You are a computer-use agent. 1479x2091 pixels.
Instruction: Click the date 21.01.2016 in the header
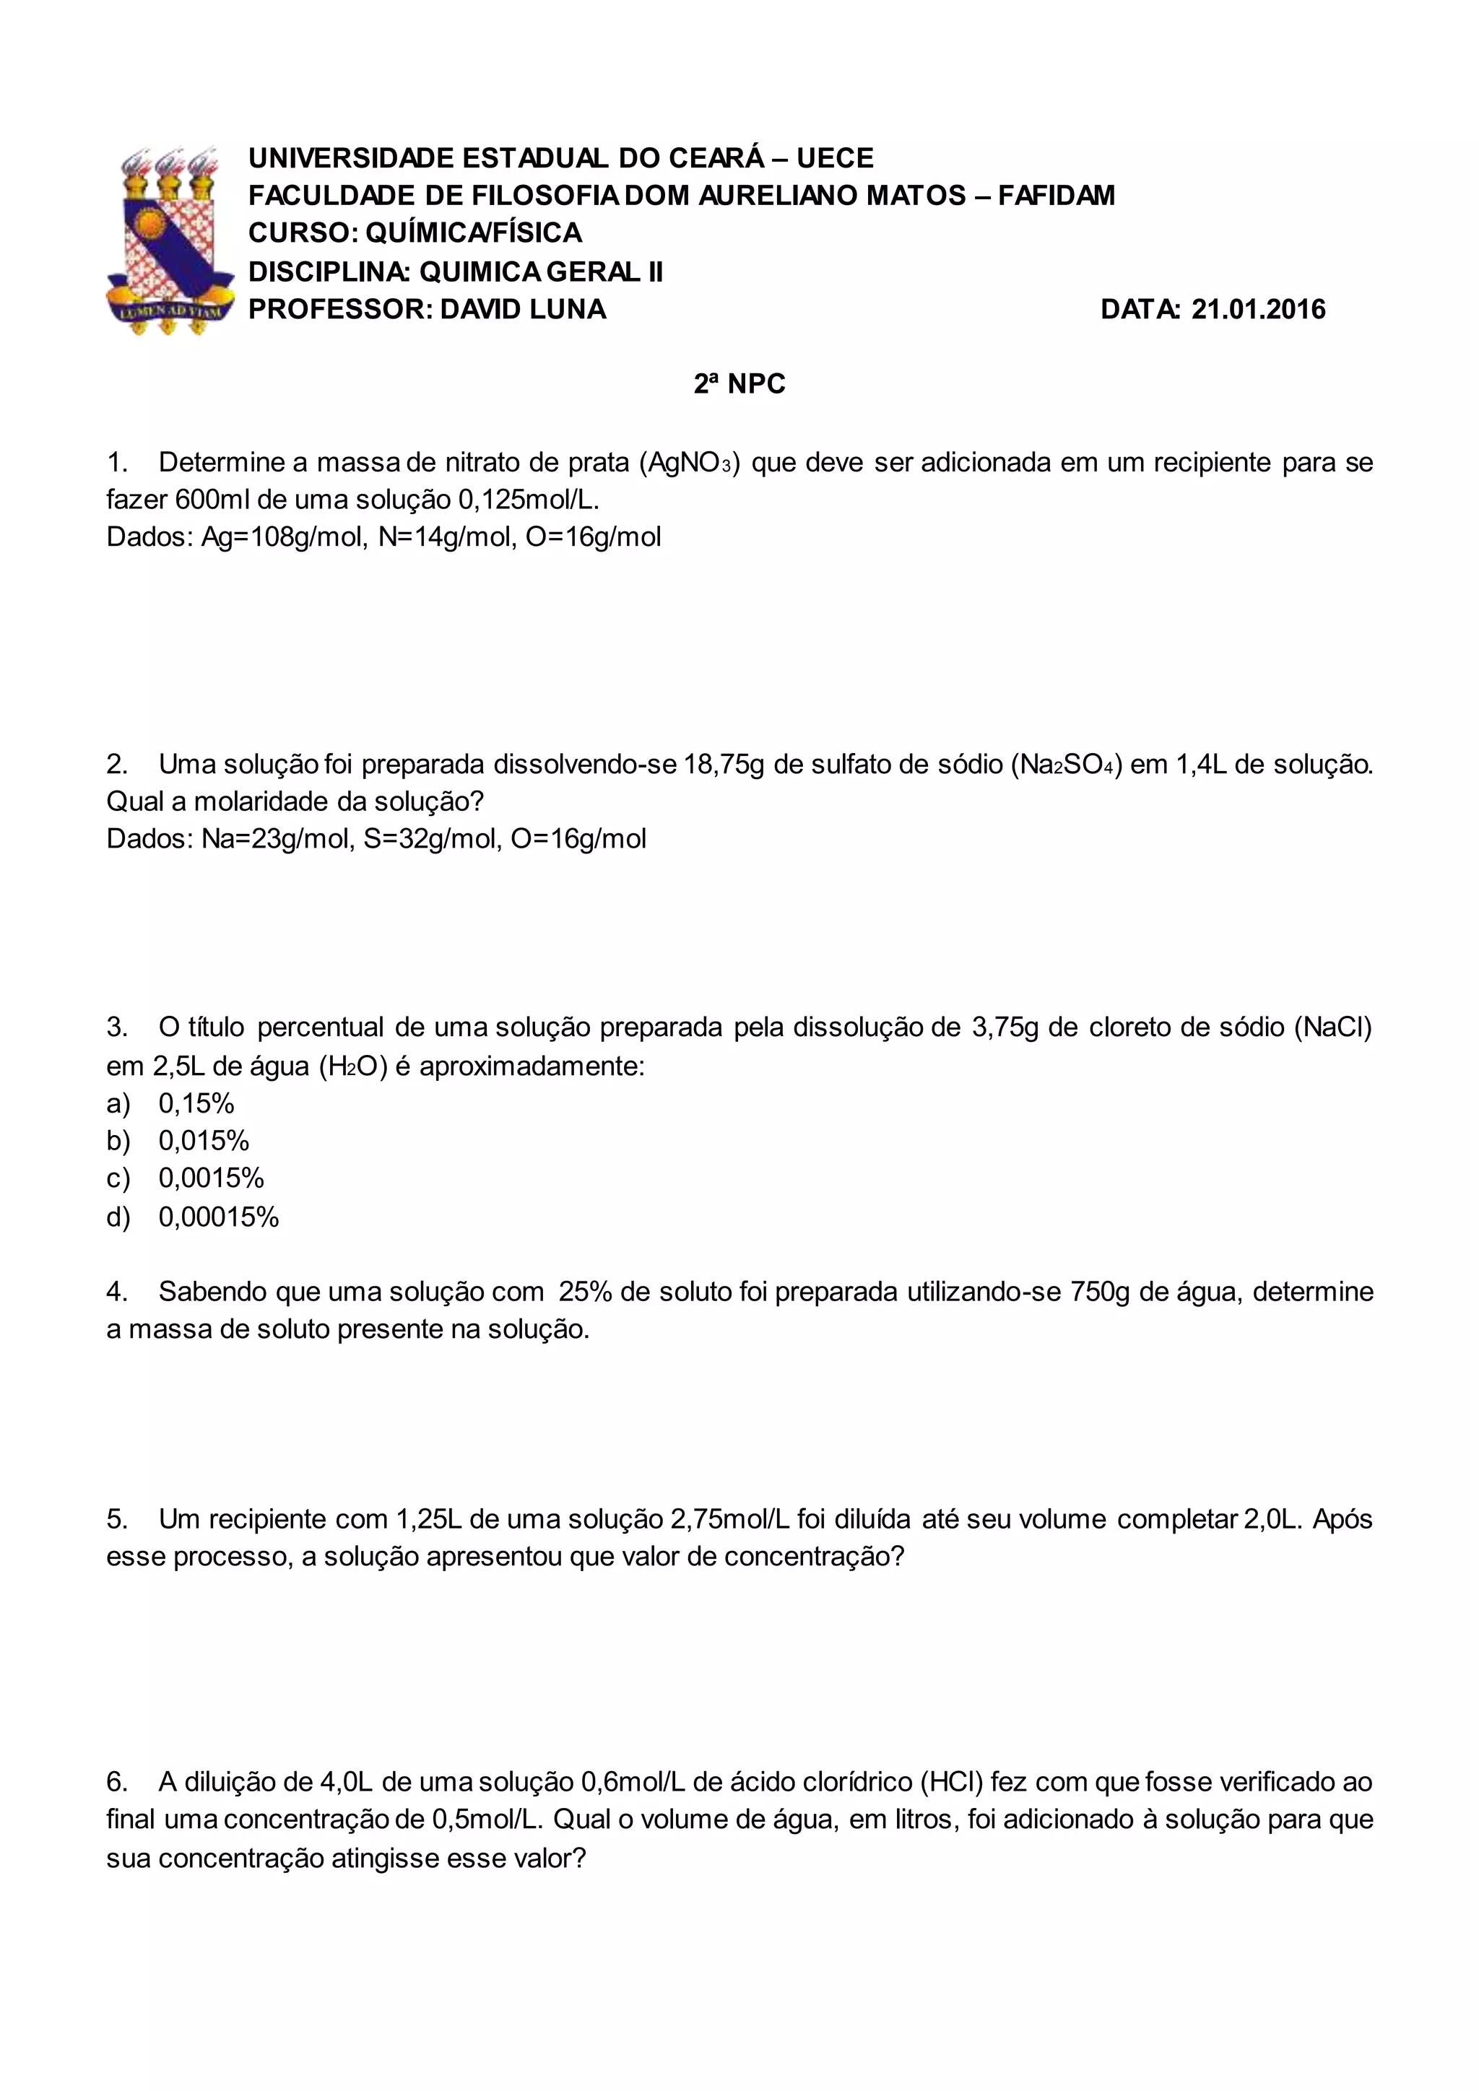1258,310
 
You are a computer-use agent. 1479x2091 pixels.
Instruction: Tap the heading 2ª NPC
739,384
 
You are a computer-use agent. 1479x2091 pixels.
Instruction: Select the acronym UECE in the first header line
834,158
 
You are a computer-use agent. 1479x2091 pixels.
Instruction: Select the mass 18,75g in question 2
724,764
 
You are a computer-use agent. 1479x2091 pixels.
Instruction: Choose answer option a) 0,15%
170,1104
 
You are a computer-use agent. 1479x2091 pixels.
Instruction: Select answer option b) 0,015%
178,1141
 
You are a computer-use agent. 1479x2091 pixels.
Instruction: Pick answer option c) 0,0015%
185,1178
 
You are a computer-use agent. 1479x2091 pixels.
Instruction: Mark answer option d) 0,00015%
192,1217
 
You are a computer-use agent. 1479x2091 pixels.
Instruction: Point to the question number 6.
116,1782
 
